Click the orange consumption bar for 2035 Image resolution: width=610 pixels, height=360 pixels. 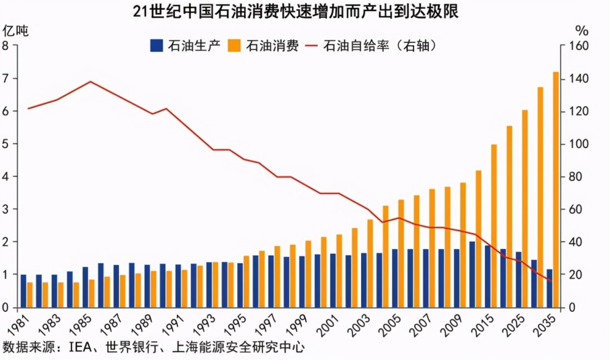point(556,189)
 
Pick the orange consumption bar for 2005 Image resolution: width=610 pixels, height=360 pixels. point(401,253)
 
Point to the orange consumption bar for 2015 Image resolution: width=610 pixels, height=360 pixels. point(494,226)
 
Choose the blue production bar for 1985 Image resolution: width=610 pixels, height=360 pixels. point(85,287)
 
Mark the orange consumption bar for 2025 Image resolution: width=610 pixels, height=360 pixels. point(525,208)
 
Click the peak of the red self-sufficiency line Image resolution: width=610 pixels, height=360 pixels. point(90,81)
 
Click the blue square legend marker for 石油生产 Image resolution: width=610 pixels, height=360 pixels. point(156,46)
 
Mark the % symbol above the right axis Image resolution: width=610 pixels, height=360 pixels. point(582,29)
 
